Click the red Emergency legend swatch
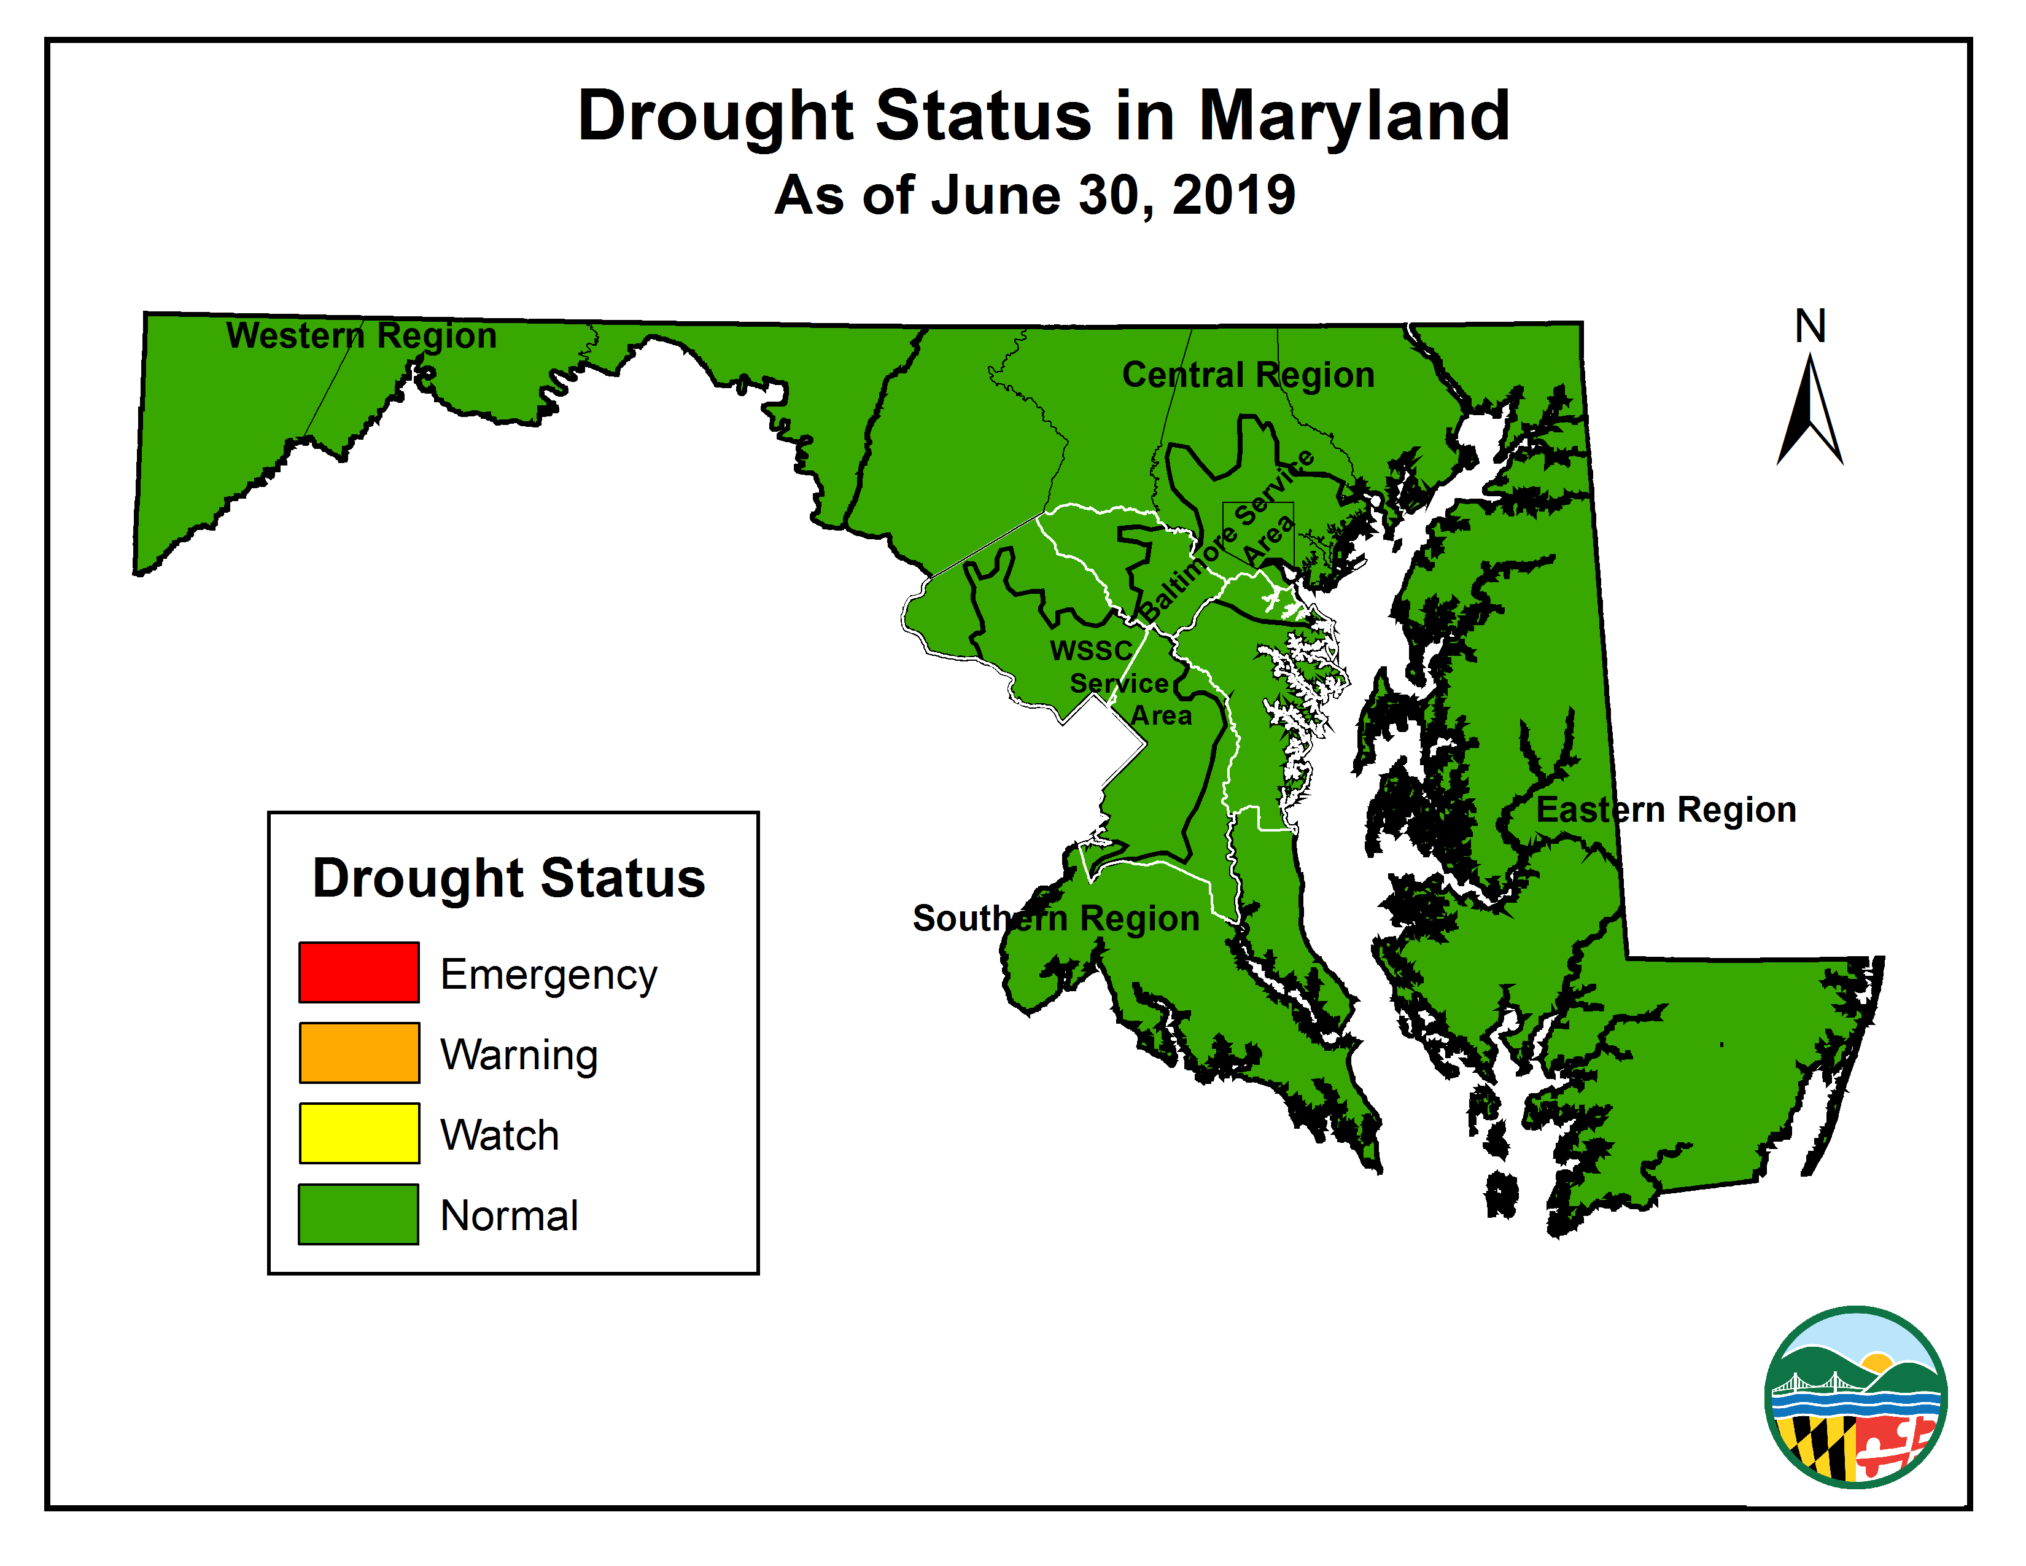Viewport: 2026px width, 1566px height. click(358, 972)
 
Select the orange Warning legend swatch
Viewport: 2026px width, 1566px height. click(358, 1053)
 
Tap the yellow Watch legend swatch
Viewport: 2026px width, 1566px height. click(358, 1133)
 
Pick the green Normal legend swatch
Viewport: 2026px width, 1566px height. click(358, 1213)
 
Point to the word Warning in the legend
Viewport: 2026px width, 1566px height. click(519, 1056)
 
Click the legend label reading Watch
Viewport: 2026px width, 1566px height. click(499, 1136)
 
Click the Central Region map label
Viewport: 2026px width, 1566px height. click(1248, 375)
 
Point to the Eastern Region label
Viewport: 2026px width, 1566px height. click(1666, 810)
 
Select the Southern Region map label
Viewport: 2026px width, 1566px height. click(1056, 919)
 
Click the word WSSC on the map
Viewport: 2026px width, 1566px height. click(1091, 650)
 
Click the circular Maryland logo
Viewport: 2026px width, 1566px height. click(1855, 1397)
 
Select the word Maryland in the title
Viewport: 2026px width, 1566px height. click(1354, 117)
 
